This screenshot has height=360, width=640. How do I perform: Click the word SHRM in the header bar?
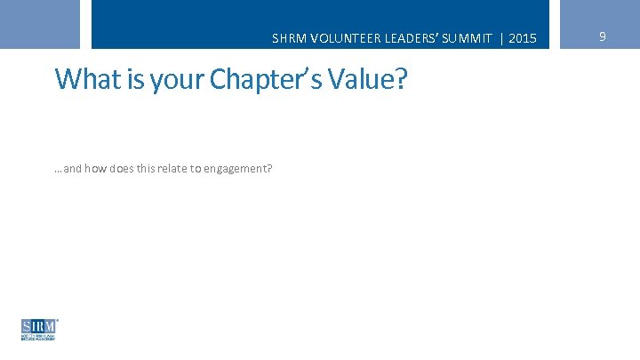(288, 39)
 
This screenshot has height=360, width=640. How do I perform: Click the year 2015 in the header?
(524, 39)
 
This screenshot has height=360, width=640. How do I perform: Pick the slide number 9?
(603, 36)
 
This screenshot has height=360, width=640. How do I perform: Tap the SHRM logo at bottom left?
(39, 329)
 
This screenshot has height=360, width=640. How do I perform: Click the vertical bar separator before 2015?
(504, 39)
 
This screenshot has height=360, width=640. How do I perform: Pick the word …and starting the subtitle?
(68, 166)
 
